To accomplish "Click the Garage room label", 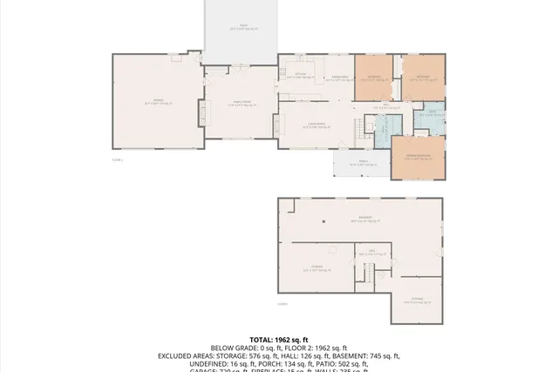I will click(158, 103).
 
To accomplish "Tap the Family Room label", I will click(241, 104).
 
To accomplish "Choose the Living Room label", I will click(316, 125).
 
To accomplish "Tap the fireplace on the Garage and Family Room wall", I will click(203, 114).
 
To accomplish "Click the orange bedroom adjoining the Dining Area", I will click(372, 78).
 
